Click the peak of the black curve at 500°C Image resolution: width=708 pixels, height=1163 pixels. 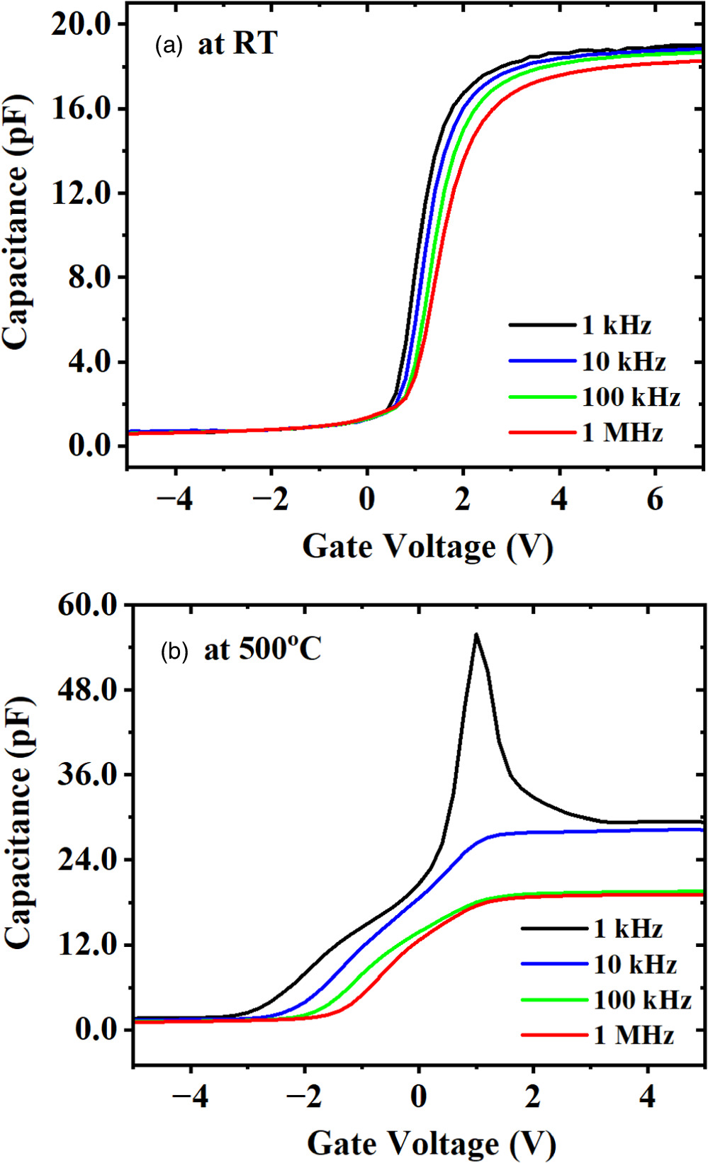pos(476,634)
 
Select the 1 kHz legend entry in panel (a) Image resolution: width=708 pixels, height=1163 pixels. pos(616,326)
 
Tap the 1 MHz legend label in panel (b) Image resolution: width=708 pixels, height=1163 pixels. pos(634,1036)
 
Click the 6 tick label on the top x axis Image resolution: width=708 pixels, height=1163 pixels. pos(655,500)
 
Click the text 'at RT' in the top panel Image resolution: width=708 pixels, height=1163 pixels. pos(237,45)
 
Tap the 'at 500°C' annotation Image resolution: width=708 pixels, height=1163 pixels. pos(262,649)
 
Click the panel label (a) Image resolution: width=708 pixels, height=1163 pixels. pos(169,46)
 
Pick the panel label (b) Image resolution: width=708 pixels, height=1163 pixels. pos(174,651)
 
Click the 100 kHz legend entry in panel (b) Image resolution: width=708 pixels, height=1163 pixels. pos(642,1000)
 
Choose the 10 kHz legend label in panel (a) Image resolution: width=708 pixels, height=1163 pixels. pos(624,362)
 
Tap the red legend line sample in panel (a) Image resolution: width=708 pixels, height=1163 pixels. pos(542,432)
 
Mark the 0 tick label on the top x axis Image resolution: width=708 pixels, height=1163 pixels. pos(366,500)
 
